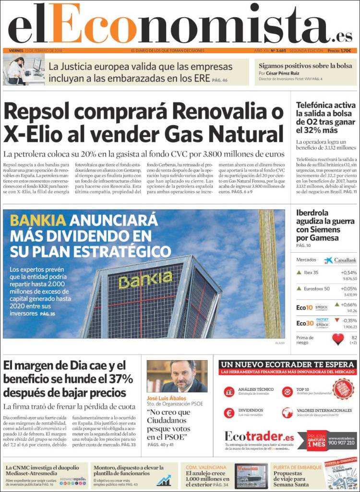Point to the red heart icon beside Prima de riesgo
(x=338, y=340)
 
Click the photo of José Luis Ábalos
(x=177, y=376)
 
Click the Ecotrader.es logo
(x=259, y=437)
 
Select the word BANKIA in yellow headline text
(x=38, y=221)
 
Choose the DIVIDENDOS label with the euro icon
(x=250, y=410)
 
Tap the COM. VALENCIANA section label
(x=206, y=467)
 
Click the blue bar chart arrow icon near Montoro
(x=164, y=480)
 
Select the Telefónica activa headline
(x=325, y=117)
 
